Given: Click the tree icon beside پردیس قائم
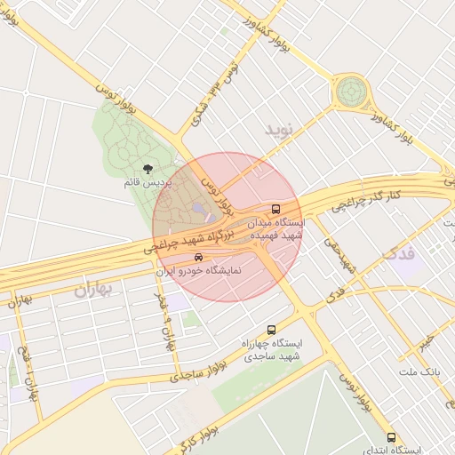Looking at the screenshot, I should [x=148, y=169].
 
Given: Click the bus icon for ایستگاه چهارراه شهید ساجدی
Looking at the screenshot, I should [x=272, y=330].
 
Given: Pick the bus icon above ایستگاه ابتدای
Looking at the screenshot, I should [x=392, y=436].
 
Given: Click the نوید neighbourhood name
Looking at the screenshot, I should [x=277, y=130].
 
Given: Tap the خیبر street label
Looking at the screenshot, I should [x=430, y=340].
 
